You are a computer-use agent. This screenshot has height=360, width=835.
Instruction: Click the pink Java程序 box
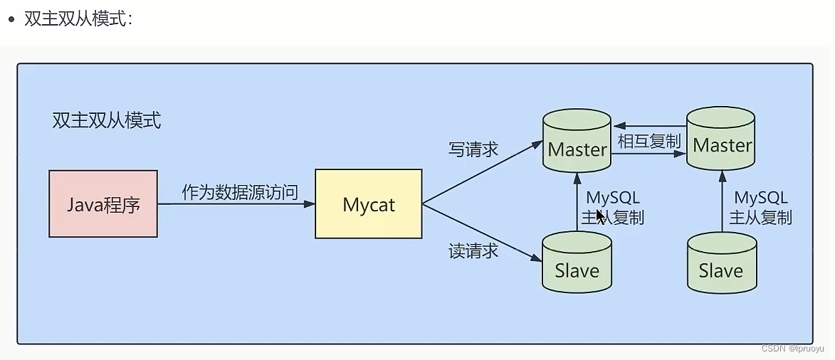pos(103,204)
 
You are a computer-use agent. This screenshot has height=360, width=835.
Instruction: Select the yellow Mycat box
pos(368,204)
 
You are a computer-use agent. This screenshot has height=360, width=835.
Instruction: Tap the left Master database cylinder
pos(577,142)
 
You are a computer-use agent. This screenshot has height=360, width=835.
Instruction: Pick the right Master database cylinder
pos(721,139)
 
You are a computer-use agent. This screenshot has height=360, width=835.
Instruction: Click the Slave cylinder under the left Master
pos(577,262)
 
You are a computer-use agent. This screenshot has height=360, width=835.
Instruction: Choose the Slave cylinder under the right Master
pos(721,263)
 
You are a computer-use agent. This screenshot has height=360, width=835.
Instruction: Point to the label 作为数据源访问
pos(239,192)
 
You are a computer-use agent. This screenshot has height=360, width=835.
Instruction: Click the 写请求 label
pos(473,150)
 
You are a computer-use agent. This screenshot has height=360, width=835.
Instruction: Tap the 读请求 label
pos(473,251)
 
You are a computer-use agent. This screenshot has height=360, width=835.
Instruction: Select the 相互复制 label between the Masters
pos(649,141)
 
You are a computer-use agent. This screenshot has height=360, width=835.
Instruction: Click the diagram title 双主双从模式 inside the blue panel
pos(107,120)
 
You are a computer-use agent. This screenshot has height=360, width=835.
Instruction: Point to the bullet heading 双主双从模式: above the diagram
pos(78,19)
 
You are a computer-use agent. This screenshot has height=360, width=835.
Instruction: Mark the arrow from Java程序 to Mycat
pos(235,204)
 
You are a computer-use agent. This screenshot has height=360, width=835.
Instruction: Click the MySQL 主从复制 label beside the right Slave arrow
pos(761,207)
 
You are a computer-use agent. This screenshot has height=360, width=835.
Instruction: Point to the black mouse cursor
pos(601,216)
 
